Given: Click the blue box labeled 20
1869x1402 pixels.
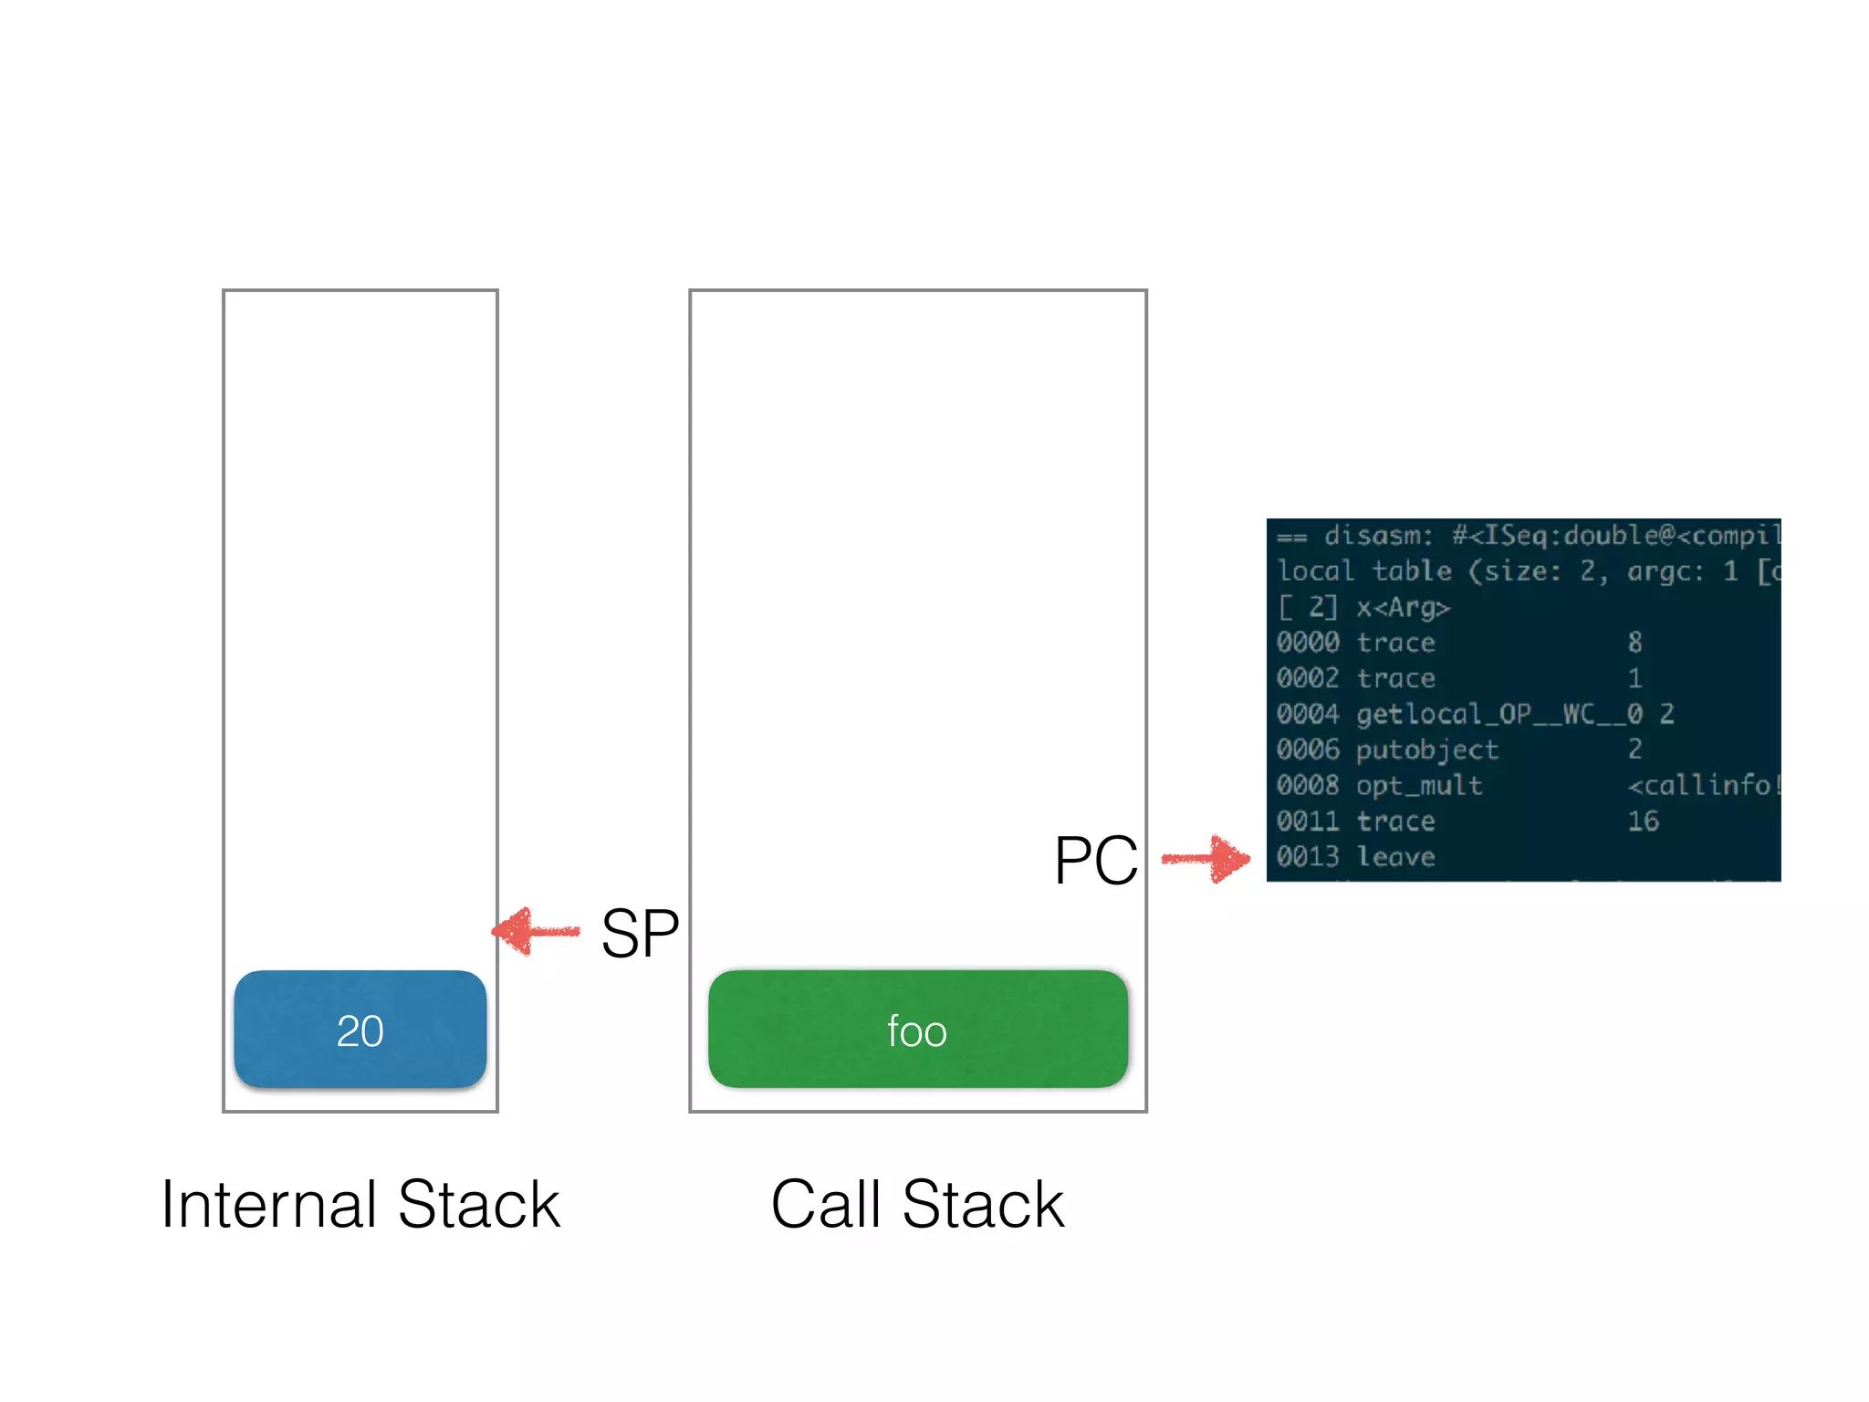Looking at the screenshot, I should pyautogui.click(x=360, y=1029).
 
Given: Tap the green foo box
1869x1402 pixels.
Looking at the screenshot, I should pyautogui.click(x=917, y=1029).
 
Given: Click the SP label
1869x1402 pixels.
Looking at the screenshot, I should pyautogui.click(x=640, y=933).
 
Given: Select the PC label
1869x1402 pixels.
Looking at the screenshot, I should pyautogui.click(x=1095, y=860).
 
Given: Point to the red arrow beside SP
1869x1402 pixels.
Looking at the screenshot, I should pyautogui.click(x=537, y=931).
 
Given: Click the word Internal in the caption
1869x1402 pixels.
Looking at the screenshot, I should pyautogui.click(x=269, y=1204).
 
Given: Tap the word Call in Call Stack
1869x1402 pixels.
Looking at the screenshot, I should pyautogui.click(x=827, y=1204).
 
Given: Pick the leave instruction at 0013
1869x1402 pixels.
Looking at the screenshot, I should pyautogui.click(x=1395, y=856).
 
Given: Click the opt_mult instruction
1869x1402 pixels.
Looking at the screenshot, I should pyautogui.click(x=1418, y=785).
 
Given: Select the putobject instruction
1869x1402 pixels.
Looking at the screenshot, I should pyautogui.click(x=1426, y=749).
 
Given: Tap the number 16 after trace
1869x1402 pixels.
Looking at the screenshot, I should pyautogui.click(x=1643, y=821).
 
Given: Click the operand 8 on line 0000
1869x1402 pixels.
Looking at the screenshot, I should pyautogui.click(x=1634, y=642).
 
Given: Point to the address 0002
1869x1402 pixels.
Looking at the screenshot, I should pyautogui.click(x=1308, y=677).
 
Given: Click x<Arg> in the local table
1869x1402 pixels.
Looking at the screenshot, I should pyautogui.click(x=1403, y=607).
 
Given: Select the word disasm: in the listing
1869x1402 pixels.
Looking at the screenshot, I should pyautogui.click(x=1378, y=535).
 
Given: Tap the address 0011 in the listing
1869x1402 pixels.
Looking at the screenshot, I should pyautogui.click(x=1308, y=821).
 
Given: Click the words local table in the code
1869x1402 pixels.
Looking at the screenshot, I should pyautogui.click(x=1364, y=570).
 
